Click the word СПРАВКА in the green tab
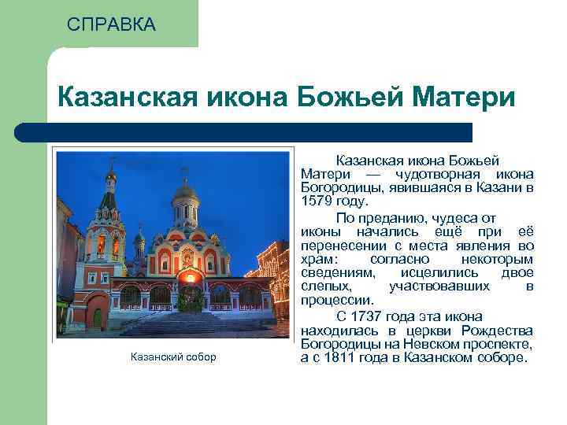pos(111,24)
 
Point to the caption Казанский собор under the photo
pos(172,357)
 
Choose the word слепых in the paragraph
pos(322,286)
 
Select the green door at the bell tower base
pos(98,317)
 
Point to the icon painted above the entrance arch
pos(187,257)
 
